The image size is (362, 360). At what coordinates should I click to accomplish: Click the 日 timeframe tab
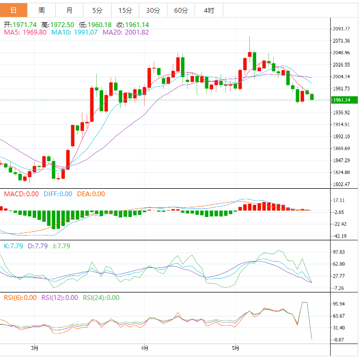pos(13,10)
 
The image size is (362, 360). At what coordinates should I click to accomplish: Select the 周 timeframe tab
pos(41,10)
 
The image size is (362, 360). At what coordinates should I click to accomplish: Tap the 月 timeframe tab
pos(70,10)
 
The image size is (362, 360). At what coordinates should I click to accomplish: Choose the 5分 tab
pos(97,10)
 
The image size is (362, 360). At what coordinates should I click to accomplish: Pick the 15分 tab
pos(125,10)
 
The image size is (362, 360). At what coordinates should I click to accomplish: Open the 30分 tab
pos(153,10)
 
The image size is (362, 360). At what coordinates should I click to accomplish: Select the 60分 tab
pos(181,10)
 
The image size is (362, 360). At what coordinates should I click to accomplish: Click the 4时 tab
pos(208,10)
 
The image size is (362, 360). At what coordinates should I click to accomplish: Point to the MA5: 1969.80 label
pos(26,32)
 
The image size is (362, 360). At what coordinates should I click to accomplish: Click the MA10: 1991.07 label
pos(74,32)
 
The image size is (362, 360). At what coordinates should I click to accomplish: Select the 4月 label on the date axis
pos(145,348)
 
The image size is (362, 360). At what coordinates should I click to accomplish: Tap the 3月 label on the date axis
pos(35,348)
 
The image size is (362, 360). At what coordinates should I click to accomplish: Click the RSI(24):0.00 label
pos(100,298)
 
